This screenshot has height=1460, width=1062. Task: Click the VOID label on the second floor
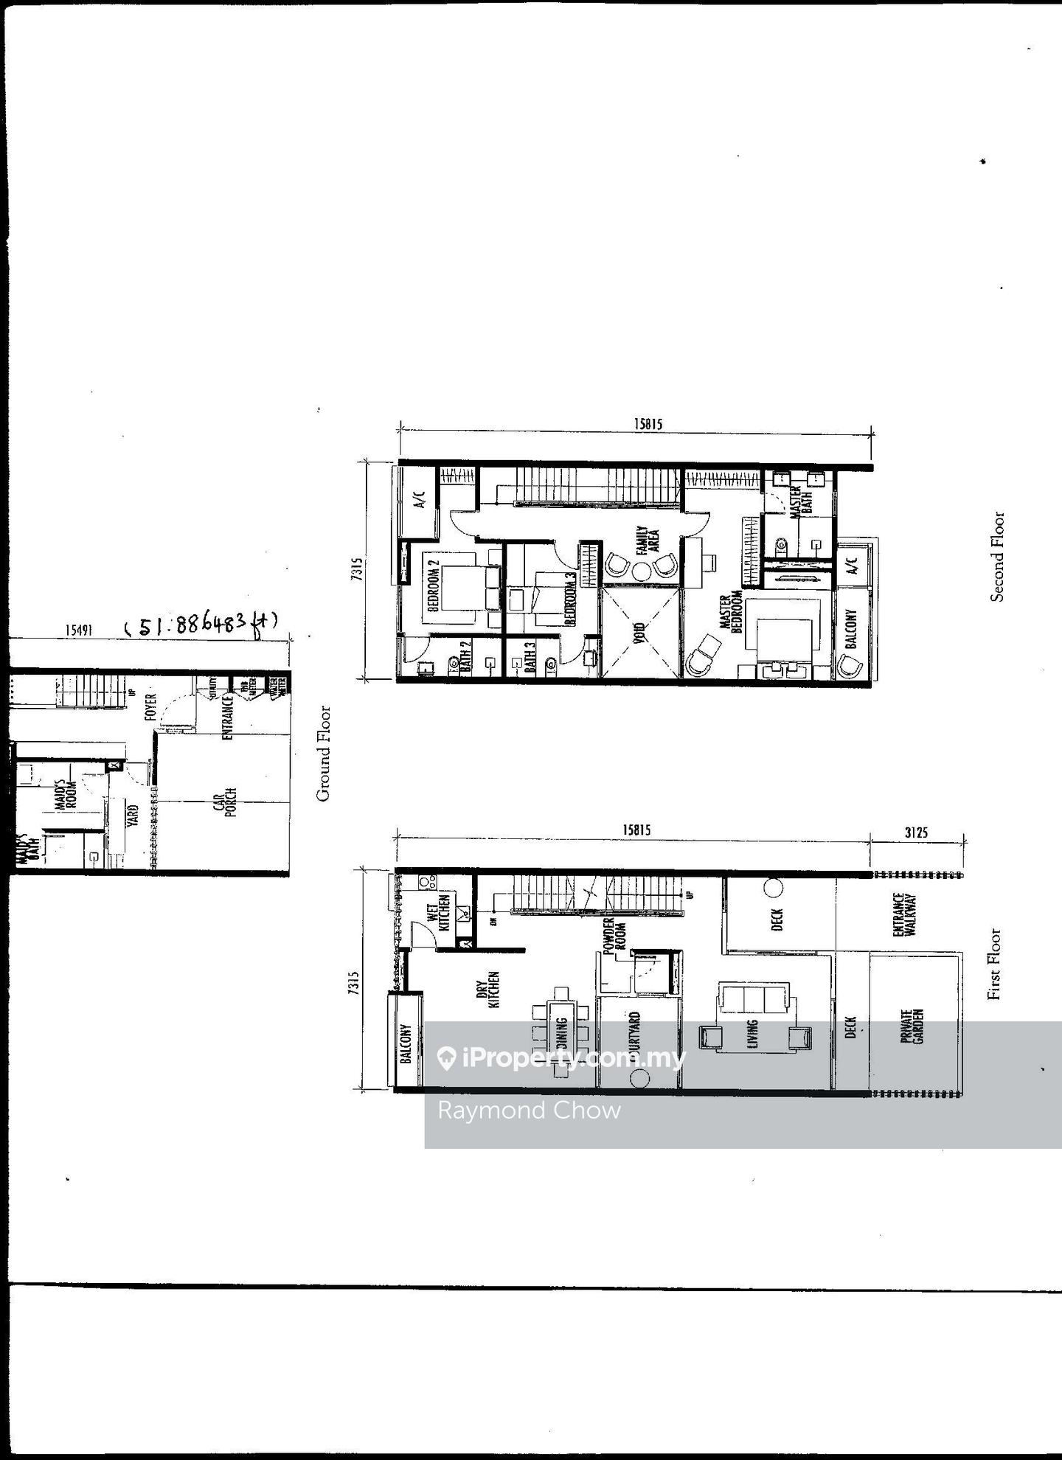639,633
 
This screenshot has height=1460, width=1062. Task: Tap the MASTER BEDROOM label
729,613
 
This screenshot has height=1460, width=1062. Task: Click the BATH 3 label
530,659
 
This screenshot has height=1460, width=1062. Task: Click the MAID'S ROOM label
66,795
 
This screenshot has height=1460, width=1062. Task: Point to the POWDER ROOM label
614,936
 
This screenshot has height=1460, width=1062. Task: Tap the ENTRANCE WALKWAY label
903,915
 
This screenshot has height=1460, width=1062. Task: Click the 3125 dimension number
916,832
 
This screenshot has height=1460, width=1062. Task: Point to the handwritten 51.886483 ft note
201,625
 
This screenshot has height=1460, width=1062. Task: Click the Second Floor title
997,557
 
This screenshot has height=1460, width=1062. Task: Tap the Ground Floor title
323,754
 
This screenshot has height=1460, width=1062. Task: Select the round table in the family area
642,570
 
